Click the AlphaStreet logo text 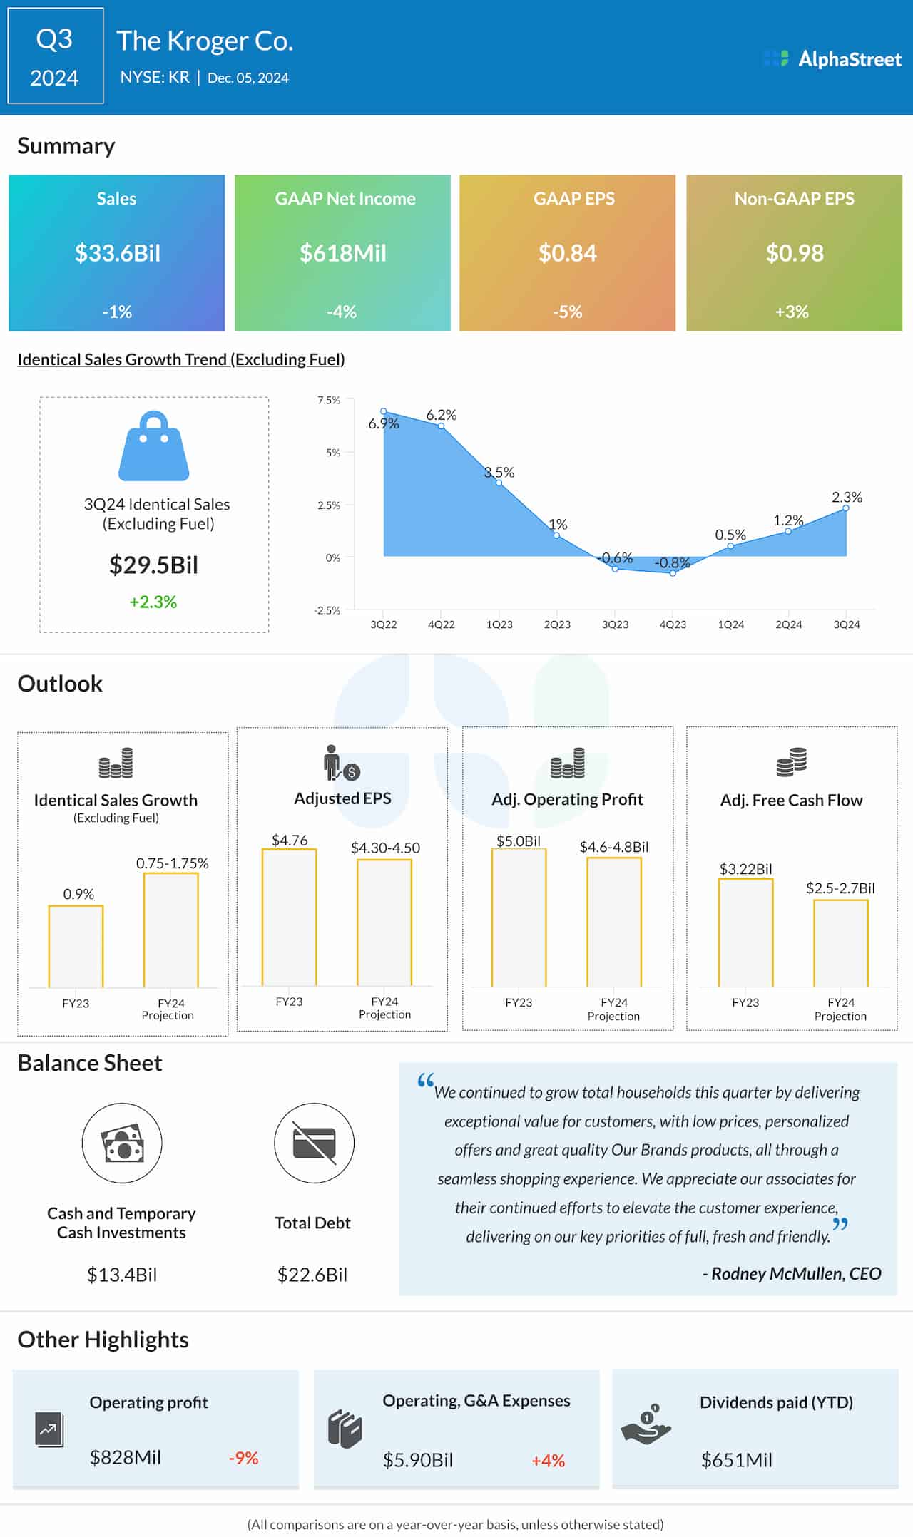point(849,59)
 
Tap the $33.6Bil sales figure point(118,253)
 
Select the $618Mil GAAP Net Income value point(343,253)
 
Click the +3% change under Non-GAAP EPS point(792,312)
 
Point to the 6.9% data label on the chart point(383,423)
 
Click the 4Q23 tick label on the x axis point(673,624)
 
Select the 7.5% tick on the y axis point(328,401)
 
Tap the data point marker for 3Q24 point(847,508)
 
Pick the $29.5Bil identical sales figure point(153,565)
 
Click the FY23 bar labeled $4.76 point(289,917)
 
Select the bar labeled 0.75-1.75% point(171,930)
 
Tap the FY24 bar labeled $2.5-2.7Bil point(841,943)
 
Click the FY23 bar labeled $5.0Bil point(519,917)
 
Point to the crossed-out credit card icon point(314,1143)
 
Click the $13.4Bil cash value point(122,1275)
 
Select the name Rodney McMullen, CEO point(796,1274)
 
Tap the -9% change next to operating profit point(243,1458)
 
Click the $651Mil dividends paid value point(737,1460)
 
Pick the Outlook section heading point(60,684)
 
